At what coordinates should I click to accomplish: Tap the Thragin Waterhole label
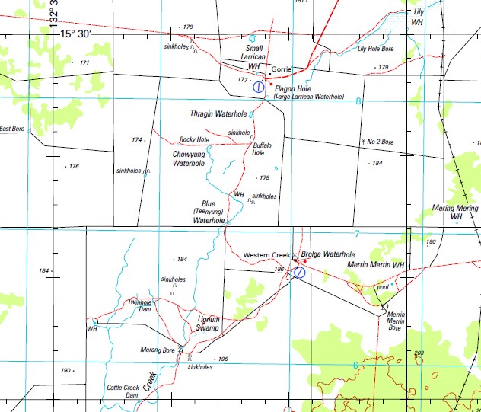[x=218, y=113]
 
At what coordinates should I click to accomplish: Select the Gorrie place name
[x=282, y=69]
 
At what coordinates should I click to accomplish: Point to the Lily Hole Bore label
[x=376, y=49]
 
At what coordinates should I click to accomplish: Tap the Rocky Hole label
[x=194, y=140]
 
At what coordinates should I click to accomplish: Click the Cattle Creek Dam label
[x=122, y=391]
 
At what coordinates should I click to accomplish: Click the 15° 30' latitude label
[x=75, y=34]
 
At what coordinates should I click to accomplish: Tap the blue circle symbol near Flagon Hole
[x=258, y=88]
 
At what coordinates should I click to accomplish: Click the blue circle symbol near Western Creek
[x=300, y=272]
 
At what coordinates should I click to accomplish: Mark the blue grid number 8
[x=358, y=101]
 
